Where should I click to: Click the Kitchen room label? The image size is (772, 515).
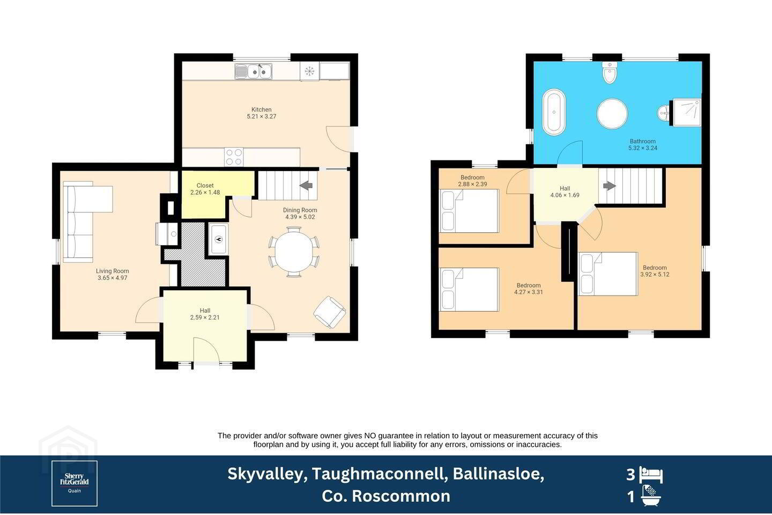click(x=261, y=109)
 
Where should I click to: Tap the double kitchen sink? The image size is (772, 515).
click(x=253, y=71)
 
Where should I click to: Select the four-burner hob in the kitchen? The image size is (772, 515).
click(x=234, y=157)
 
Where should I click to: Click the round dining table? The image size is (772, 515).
click(x=294, y=252)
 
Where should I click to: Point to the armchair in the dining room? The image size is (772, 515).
click(x=330, y=312)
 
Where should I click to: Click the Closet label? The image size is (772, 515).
click(x=205, y=186)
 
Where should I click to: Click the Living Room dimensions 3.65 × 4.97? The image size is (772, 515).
click(x=113, y=278)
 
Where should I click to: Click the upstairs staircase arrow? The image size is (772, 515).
click(x=610, y=186)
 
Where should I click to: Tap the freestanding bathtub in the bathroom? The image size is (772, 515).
click(x=554, y=112)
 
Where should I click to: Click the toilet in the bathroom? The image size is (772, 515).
click(x=610, y=72)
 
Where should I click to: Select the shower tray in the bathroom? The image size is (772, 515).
click(x=687, y=113)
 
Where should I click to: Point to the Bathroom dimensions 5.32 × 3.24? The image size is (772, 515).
click(x=643, y=148)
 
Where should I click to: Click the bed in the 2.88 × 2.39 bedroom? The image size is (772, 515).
click(x=469, y=211)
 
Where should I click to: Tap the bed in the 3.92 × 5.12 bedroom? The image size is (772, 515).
click(x=608, y=274)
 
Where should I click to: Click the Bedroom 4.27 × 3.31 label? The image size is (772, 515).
click(x=529, y=289)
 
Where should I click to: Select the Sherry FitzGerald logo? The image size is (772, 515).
click(x=75, y=483)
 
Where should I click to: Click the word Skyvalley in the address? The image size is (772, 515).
click(x=268, y=474)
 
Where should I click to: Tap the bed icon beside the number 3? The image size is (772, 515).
click(x=651, y=475)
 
